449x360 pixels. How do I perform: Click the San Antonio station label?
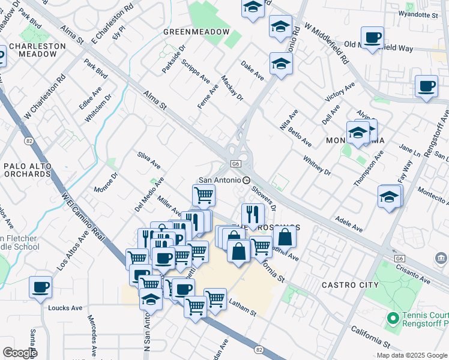click(x=220, y=180)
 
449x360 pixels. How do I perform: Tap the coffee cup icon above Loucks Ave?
click(x=40, y=287)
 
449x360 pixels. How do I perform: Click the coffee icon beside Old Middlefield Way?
click(x=372, y=38)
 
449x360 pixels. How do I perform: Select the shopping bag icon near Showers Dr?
click(x=284, y=236)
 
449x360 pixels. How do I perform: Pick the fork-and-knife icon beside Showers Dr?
click(x=253, y=214)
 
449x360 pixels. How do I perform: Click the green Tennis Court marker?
click(x=393, y=317)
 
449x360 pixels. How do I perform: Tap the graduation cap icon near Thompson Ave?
click(x=389, y=196)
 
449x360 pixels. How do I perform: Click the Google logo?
click(x=19, y=353)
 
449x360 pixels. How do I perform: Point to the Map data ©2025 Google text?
click(x=412, y=355)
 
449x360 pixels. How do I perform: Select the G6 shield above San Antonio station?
click(x=236, y=164)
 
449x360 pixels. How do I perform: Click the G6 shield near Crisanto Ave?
click(x=399, y=258)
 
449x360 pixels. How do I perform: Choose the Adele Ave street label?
click(x=349, y=224)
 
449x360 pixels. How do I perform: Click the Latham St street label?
click(x=243, y=308)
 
